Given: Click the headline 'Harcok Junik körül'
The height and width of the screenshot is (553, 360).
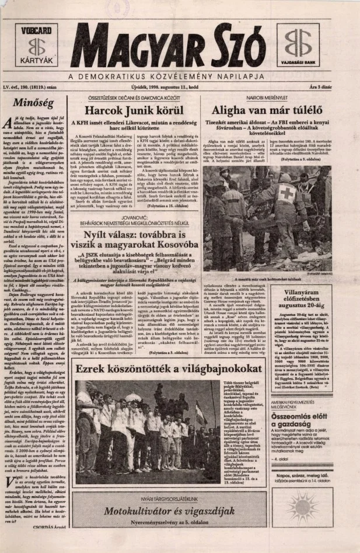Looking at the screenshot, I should click(137, 110).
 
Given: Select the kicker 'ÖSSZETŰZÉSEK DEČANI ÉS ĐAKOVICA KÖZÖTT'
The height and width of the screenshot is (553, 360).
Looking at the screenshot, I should click(136, 98).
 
